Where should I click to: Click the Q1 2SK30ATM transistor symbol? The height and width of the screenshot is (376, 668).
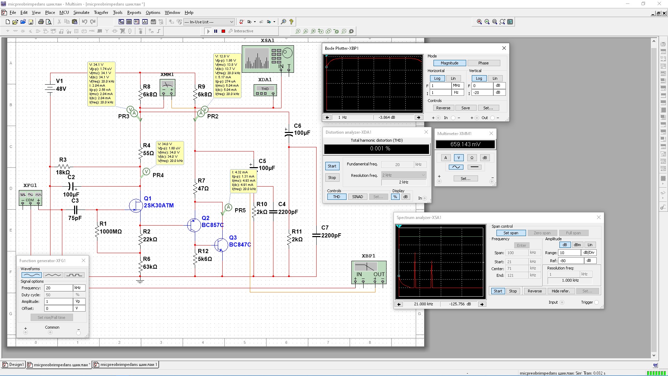(x=136, y=205)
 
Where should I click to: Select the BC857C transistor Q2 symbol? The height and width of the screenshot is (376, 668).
(x=193, y=225)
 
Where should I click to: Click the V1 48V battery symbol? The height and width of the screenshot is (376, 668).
(x=50, y=87)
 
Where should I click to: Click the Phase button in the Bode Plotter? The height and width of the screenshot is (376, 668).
(x=483, y=63)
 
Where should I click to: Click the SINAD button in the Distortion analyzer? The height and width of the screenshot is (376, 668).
(x=357, y=197)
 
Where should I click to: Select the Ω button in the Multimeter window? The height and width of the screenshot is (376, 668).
(x=472, y=158)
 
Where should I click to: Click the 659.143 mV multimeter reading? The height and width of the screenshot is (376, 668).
(x=465, y=144)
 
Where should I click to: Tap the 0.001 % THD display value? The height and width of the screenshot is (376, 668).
(x=376, y=149)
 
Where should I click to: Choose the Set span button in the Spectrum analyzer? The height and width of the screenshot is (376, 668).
(x=510, y=233)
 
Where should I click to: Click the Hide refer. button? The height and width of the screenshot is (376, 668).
(x=560, y=291)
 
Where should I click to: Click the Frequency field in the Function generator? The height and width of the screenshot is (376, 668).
(x=58, y=288)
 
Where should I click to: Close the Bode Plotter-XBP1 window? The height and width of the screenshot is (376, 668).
(x=504, y=48)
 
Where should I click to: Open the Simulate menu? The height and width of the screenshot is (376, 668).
(x=81, y=13)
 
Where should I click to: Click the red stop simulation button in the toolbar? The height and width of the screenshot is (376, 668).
(x=223, y=31)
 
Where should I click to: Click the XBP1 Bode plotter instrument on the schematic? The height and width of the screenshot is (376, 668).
(x=369, y=272)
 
